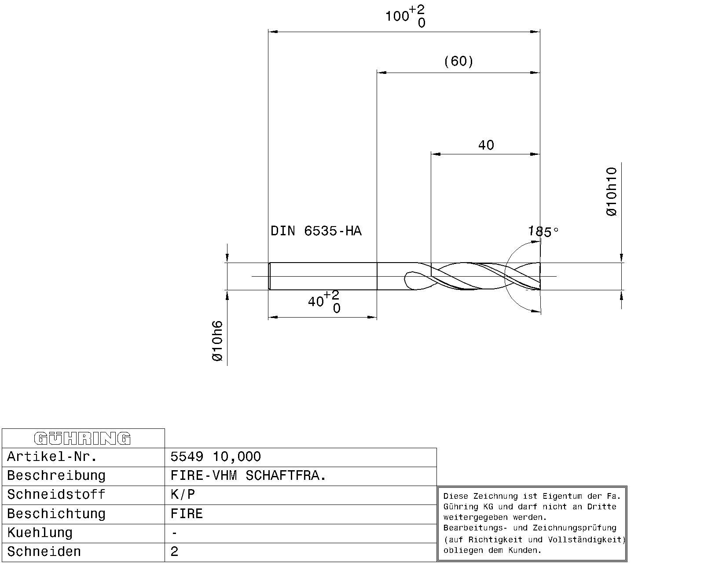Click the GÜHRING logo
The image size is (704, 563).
[82, 439]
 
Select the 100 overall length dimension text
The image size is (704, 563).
[405, 16]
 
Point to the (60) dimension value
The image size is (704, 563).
[458, 61]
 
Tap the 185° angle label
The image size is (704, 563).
[543, 232]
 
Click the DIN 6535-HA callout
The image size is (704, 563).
[316, 231]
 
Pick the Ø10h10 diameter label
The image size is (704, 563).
[611, 192]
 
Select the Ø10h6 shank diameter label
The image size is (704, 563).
[217, 341]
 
